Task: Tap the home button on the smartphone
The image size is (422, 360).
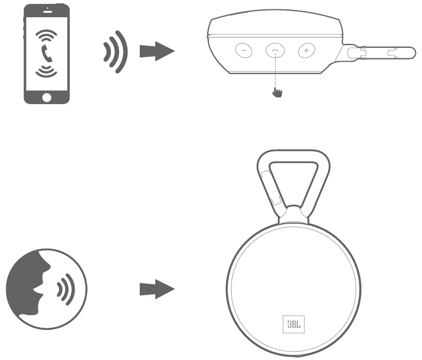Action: [x=47, y=97]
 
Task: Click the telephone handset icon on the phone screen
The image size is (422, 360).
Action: [x=47, y=55]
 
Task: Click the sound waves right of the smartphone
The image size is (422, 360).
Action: [x=115, y=53]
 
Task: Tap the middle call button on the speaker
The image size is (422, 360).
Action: [x=274, y=51]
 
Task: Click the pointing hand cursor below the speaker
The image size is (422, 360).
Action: [x=277, y=91]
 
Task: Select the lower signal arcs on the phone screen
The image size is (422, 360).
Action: [x=47, y=71]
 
